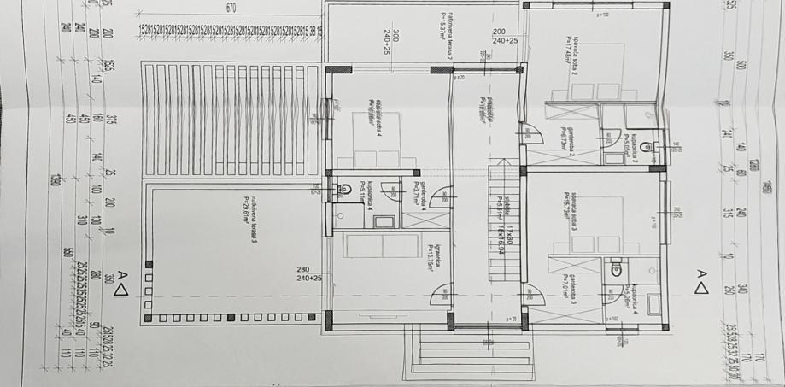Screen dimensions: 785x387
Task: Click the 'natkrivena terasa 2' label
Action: coord(445,35)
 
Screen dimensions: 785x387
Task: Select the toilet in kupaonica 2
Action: coord(647,148)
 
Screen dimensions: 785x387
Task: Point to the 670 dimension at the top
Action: coord(231,8)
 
